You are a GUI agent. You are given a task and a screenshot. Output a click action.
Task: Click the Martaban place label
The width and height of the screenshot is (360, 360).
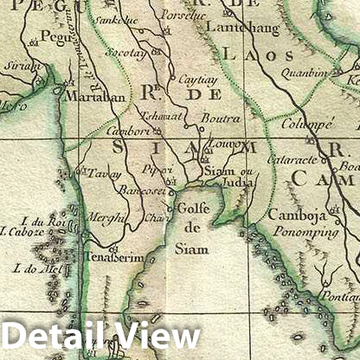pyautogui.click(x=91, y=96)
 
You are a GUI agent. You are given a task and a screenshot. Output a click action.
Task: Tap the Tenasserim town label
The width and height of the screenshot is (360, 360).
pyautogui.click(x=112, y=257)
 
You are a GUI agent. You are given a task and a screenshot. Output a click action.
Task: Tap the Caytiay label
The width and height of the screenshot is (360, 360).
pyautogui.click(x=198, y=78)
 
